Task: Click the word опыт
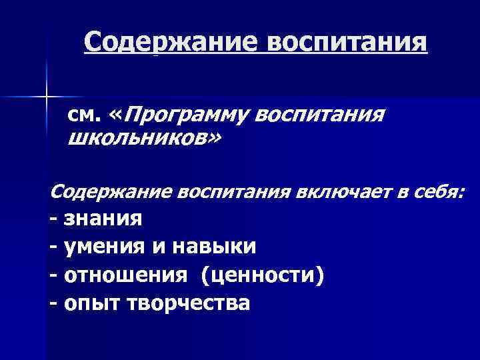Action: pyautogui.click(x=88, y=304)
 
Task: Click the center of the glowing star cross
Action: pyautogui.click(x=47, y=97)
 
